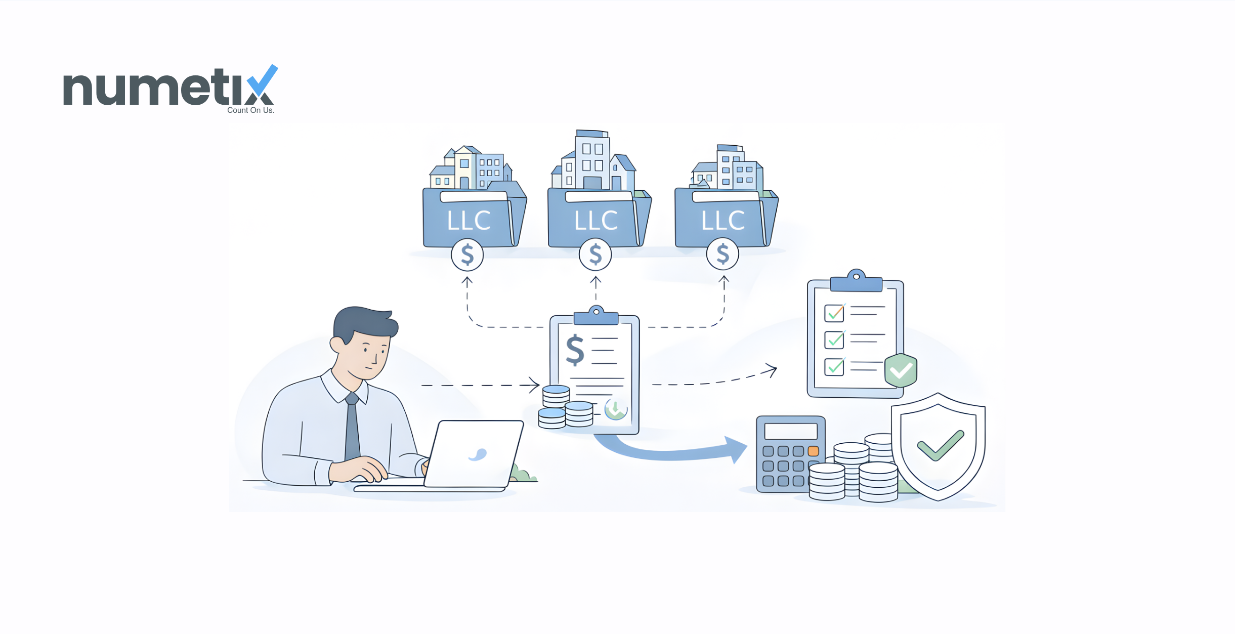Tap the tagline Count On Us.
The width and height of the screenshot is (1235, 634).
tap(250, 110)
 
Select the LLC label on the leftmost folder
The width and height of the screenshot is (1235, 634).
tap(469, 221)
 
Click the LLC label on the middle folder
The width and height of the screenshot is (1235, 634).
tap(596, 221)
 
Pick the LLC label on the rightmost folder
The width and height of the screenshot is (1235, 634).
tap(723, 221)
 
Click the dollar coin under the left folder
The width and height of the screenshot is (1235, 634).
tap(467, 255)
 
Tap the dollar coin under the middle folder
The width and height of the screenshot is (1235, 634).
tap(595, 255)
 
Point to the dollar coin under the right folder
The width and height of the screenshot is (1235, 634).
tap(723, 255)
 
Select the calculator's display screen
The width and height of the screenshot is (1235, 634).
tap(791, 432)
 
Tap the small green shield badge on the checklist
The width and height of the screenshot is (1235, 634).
tap(901, 370)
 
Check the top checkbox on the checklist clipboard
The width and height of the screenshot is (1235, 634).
tap(834, 313)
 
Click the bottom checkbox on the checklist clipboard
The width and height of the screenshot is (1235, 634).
tap(834, 367)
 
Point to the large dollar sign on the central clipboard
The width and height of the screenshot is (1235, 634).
tap(575, 350)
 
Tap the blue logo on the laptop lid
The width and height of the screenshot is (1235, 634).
tap(478, 455)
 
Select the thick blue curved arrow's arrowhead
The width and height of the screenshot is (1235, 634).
tap(735, 449)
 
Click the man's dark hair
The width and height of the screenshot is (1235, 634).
tap(365, 324)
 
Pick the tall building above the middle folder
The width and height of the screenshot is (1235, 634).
tap(592, 159)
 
